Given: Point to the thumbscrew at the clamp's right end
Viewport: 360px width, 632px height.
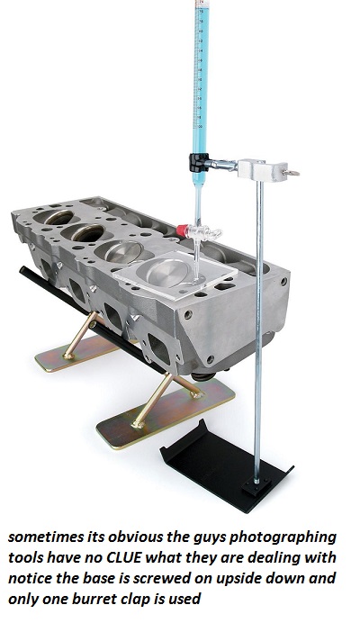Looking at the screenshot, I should point(292,167).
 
